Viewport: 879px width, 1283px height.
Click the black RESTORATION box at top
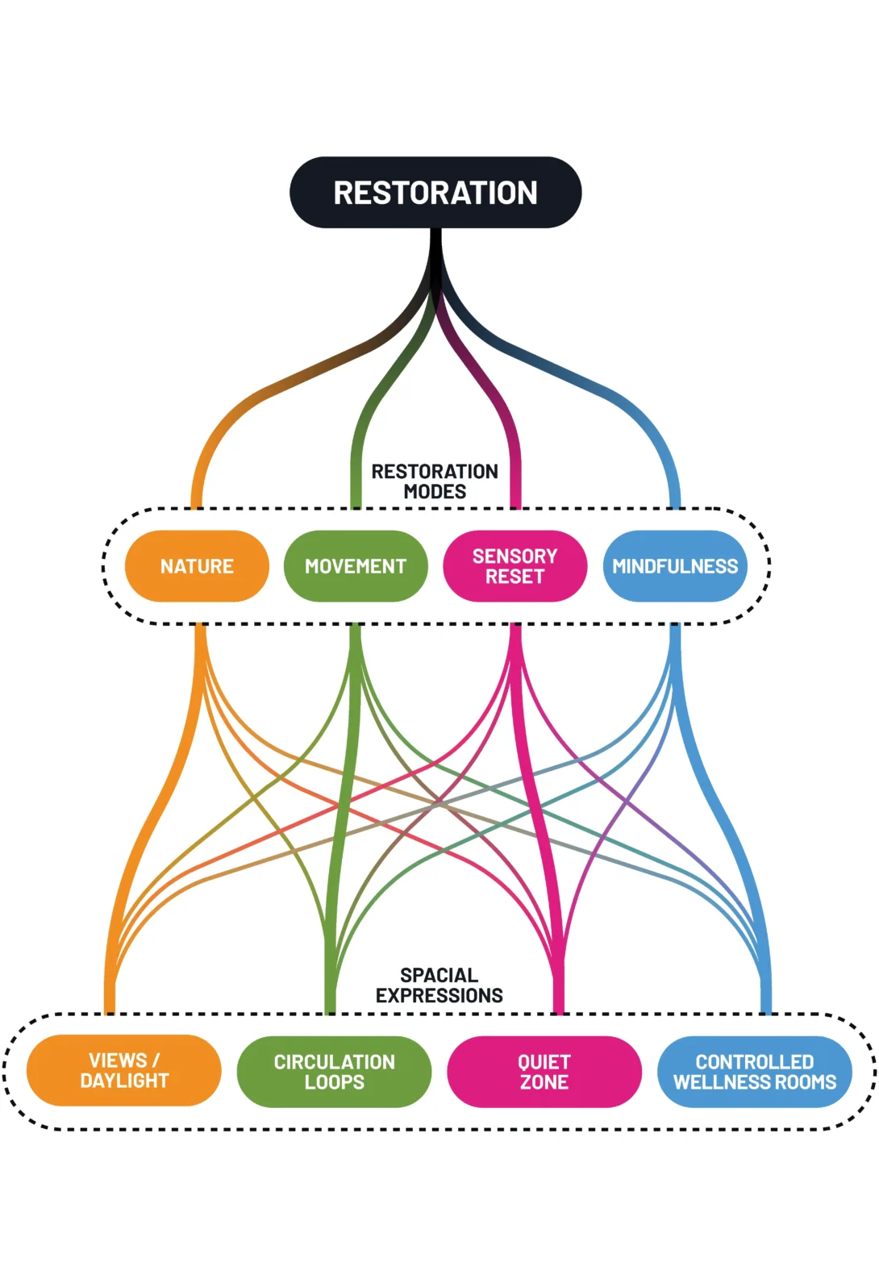(x=435, y=193)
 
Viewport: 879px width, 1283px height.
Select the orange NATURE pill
(x=197, y=566)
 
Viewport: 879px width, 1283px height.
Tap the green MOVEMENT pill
(x=356, y=566)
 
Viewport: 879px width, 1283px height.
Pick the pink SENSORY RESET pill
(x=514, y=566)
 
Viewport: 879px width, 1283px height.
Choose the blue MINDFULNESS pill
(x=675, y=566)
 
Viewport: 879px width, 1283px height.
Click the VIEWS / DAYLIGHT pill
(x=124, y=1071)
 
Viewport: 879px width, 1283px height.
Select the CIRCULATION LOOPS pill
(x=334, y=1072)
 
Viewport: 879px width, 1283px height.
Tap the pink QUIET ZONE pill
(x=544, y=1072)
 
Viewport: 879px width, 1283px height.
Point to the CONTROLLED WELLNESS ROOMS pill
(x=755, y=1072)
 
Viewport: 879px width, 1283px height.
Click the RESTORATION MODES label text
(x=435, y=481)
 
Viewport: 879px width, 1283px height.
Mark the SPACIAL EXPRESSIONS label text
(x=439, y=985)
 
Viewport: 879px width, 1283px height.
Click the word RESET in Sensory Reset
(x=514, y=577)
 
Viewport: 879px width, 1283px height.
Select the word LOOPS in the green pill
(x=334, y=1082)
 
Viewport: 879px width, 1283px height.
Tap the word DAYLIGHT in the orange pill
(x=124, y=1081)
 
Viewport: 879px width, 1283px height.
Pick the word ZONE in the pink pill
(x=544, y=1082)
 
